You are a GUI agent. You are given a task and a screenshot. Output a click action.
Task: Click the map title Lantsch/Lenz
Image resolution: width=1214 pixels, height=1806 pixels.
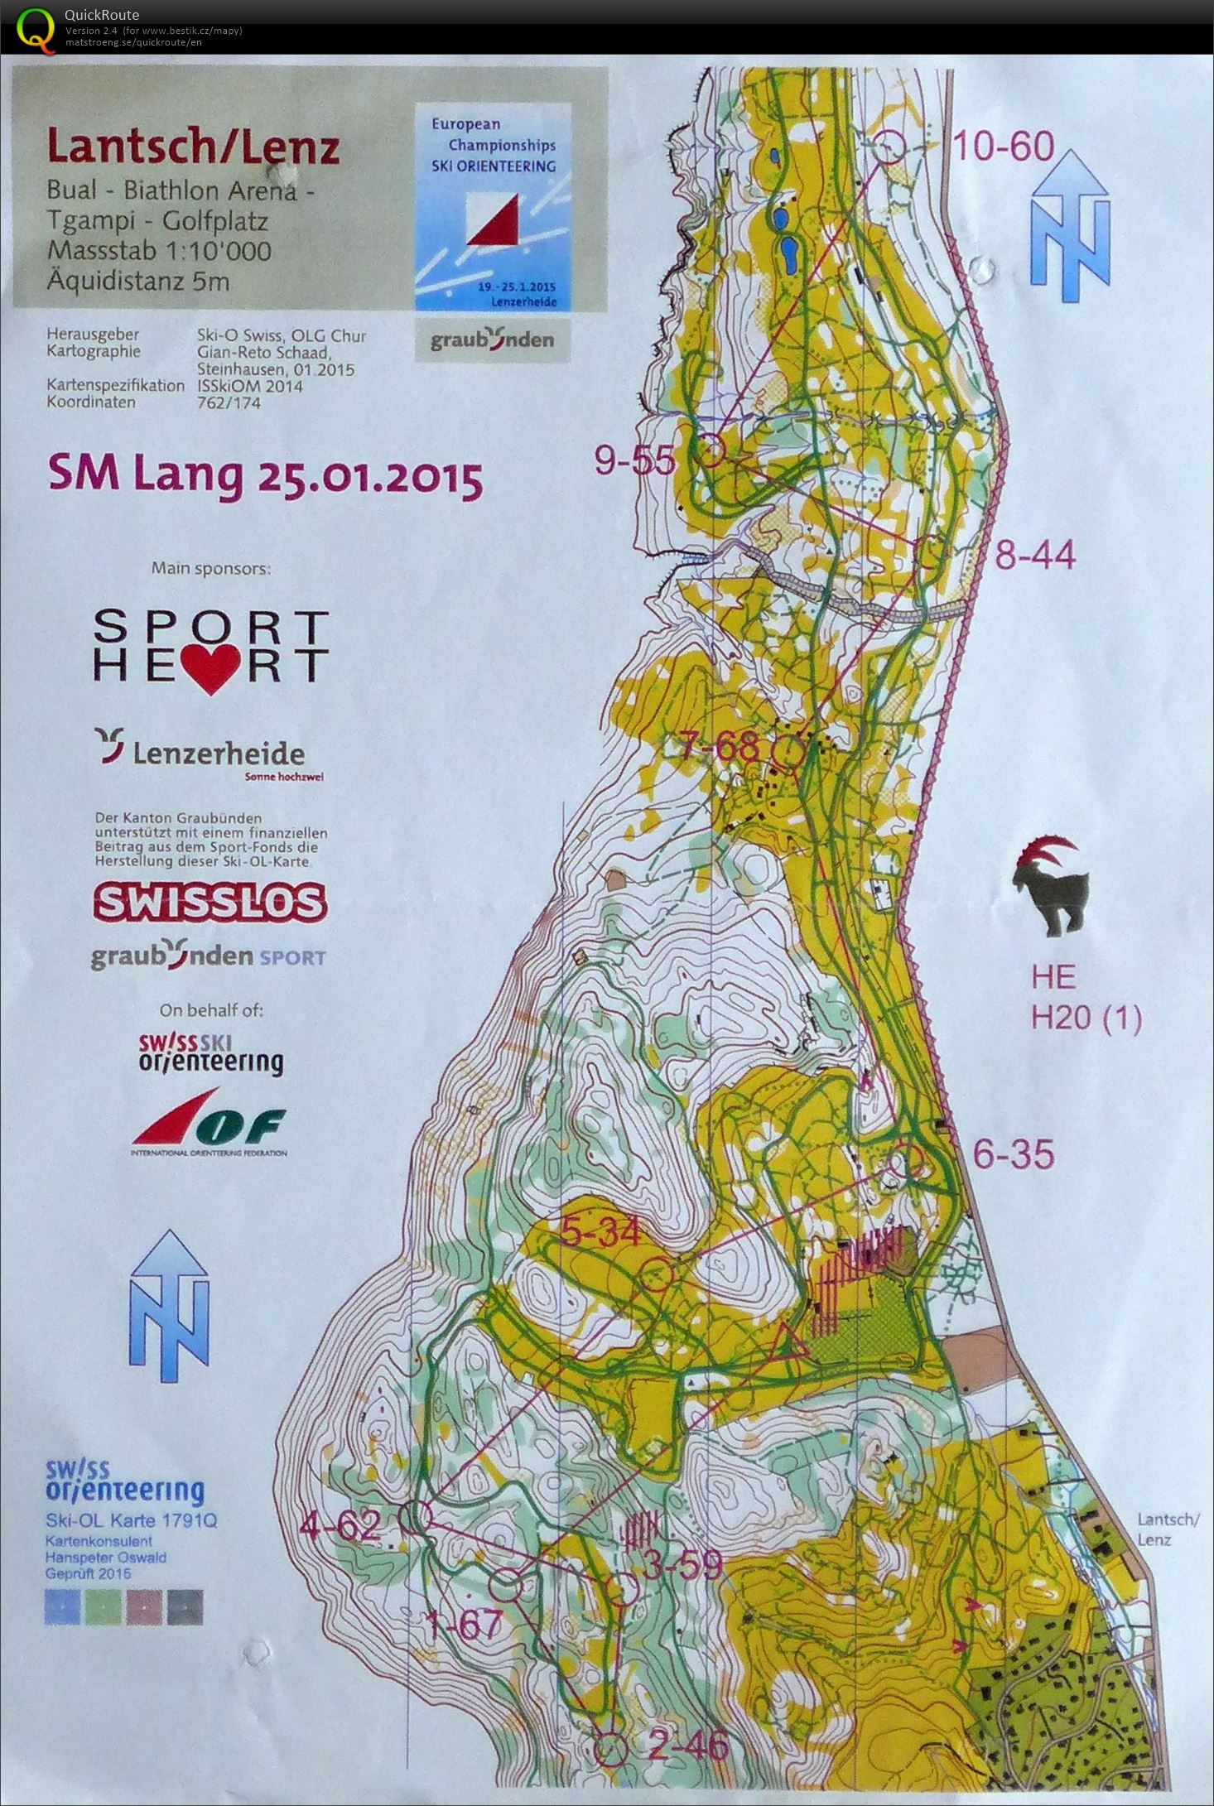(x=193, y=147)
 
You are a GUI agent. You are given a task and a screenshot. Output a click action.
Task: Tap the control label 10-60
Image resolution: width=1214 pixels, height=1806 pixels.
(x=1003, y=147)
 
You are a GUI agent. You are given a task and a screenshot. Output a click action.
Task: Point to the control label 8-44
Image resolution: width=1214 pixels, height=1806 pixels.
(x=1034, y=555)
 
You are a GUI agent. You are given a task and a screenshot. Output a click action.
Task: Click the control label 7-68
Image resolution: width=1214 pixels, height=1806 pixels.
(x=719, y=747)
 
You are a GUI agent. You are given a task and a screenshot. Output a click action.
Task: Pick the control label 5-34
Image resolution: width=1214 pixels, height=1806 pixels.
(x=600, y=1233)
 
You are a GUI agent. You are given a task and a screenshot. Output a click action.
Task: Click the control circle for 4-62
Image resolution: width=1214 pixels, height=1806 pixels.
(x=417, y=1516)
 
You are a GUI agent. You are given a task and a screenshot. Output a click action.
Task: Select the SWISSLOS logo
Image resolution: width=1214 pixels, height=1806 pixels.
(x=210, y=903)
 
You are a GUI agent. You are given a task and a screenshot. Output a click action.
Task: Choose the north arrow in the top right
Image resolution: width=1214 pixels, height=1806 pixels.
(x=1070, y=226)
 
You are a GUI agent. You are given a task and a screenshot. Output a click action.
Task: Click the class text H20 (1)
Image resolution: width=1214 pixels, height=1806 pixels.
(x=1086, y=1018)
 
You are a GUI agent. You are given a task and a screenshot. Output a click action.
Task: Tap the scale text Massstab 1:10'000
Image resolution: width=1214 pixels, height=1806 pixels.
(x=159, y=251)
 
